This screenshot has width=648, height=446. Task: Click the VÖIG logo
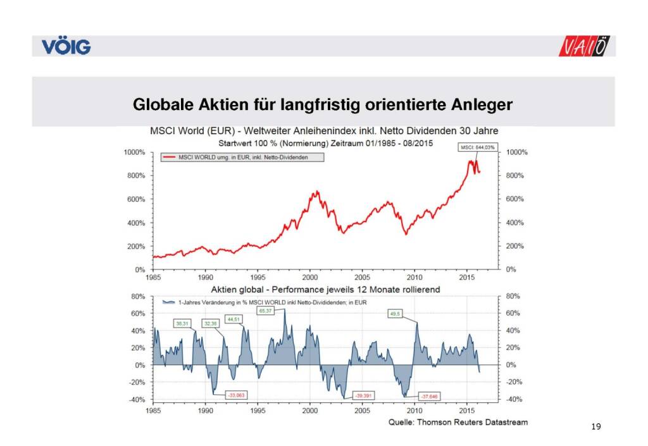click(x=66, y=47)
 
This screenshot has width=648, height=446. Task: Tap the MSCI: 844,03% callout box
click(x=477, y=147)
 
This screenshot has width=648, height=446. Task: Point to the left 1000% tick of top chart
click(x=134, y=152)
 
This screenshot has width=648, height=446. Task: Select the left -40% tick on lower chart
click(x=137, y=399)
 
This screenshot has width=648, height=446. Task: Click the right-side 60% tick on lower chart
click(x=513, y=313)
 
